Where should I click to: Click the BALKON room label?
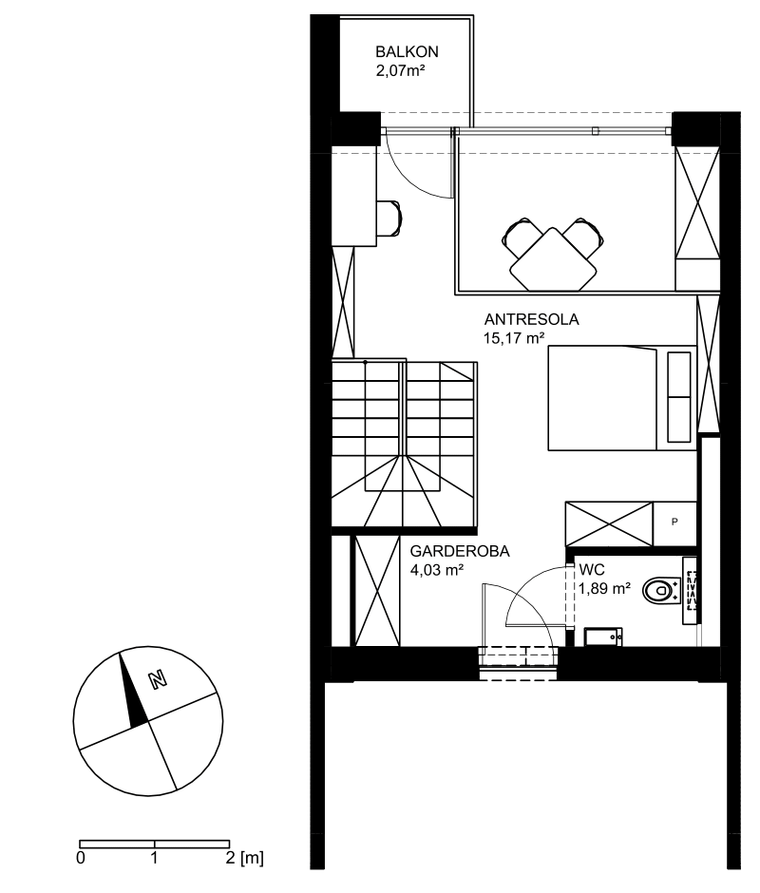point(407,52)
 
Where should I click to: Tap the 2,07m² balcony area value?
point(401,71)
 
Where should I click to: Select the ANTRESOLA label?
point(532,319)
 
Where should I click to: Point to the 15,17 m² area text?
point(514,337)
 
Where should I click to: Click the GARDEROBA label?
point(460,551)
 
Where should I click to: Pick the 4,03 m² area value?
point(436,569)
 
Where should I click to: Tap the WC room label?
point(592,569)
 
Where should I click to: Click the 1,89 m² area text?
point(604,588)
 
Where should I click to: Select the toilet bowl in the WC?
point(661,591)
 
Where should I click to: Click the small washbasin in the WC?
point(603,636)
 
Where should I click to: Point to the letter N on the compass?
point(157,679)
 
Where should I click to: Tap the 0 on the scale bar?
point(81,858)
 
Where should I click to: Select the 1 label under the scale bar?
point(155,858)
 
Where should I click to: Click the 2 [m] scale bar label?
point(244,858)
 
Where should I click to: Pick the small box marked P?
point(674,523)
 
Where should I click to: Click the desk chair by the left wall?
point(389,218)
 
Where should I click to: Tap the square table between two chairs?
point(553,259)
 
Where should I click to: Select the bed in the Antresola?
point(622,397)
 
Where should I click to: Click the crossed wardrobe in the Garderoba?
point(376,591)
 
